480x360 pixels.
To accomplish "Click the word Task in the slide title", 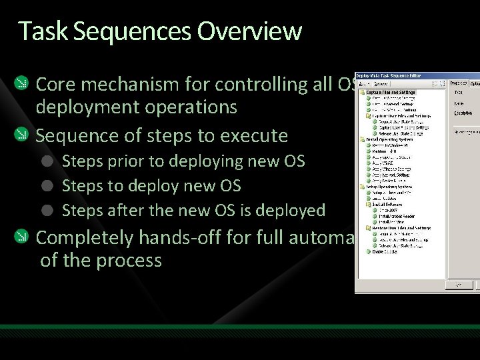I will pyautogui.click(x=37, y=31).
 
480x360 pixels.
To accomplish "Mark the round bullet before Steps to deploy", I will pyautogui.click(x=47, y=186).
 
